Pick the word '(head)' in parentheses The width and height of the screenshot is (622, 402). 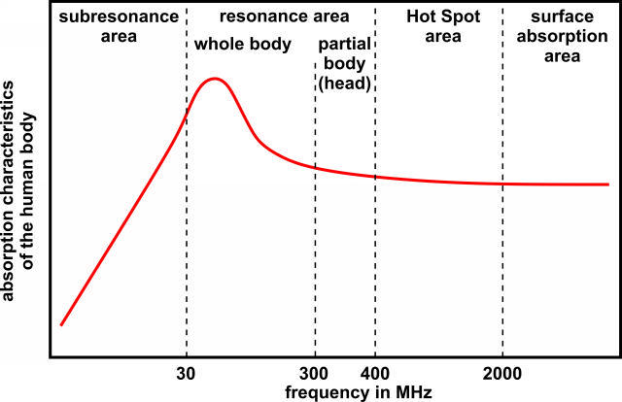[x=344, y=84]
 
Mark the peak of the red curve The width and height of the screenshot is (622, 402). [x=216, y=79]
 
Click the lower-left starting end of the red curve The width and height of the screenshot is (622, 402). [x=60, y=324]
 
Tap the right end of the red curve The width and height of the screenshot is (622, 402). [x=607, y=184]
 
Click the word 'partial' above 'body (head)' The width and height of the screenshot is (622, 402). [x=344, y=46]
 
